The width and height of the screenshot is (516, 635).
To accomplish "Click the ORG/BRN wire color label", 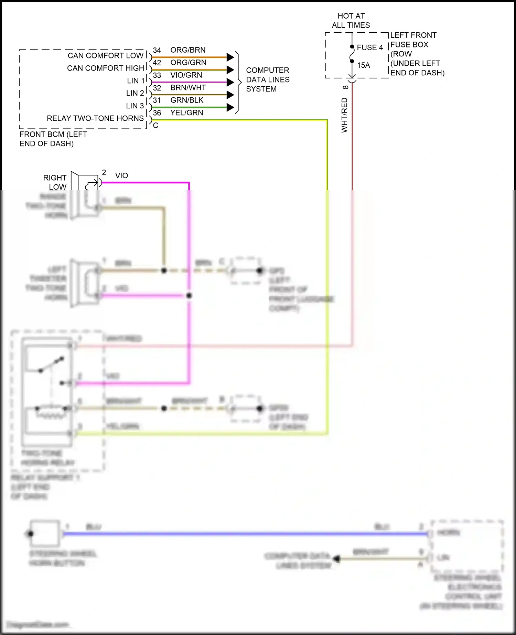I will [188, 50].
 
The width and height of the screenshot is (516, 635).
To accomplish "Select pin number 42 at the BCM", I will [157, 63].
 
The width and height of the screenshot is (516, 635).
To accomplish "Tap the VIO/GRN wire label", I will [186, 75].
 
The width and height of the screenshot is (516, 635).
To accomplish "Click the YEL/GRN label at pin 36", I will [186, 113].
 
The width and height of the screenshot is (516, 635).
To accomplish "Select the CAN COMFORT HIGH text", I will [105, 68].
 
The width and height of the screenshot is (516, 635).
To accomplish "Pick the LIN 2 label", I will [135, 93].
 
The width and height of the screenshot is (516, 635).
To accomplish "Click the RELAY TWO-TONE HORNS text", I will [95, 118].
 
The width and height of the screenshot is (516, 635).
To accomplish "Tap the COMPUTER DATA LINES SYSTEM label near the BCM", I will [268, 79].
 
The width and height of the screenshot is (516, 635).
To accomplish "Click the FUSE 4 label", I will [370, 47].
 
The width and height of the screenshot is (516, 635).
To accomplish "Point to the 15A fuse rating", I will [363, 65].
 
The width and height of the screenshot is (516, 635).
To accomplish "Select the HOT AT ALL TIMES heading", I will [351, 21].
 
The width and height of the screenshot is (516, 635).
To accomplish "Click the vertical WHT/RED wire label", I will [344, 115].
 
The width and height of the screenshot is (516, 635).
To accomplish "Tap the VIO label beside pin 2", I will [121, 175].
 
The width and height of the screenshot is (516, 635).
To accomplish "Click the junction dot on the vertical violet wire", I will [189, 295].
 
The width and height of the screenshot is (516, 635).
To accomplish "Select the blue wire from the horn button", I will [241, 534].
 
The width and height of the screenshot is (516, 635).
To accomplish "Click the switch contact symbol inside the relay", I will [52, 365].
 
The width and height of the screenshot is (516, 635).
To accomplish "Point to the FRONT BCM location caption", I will [53, 139].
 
